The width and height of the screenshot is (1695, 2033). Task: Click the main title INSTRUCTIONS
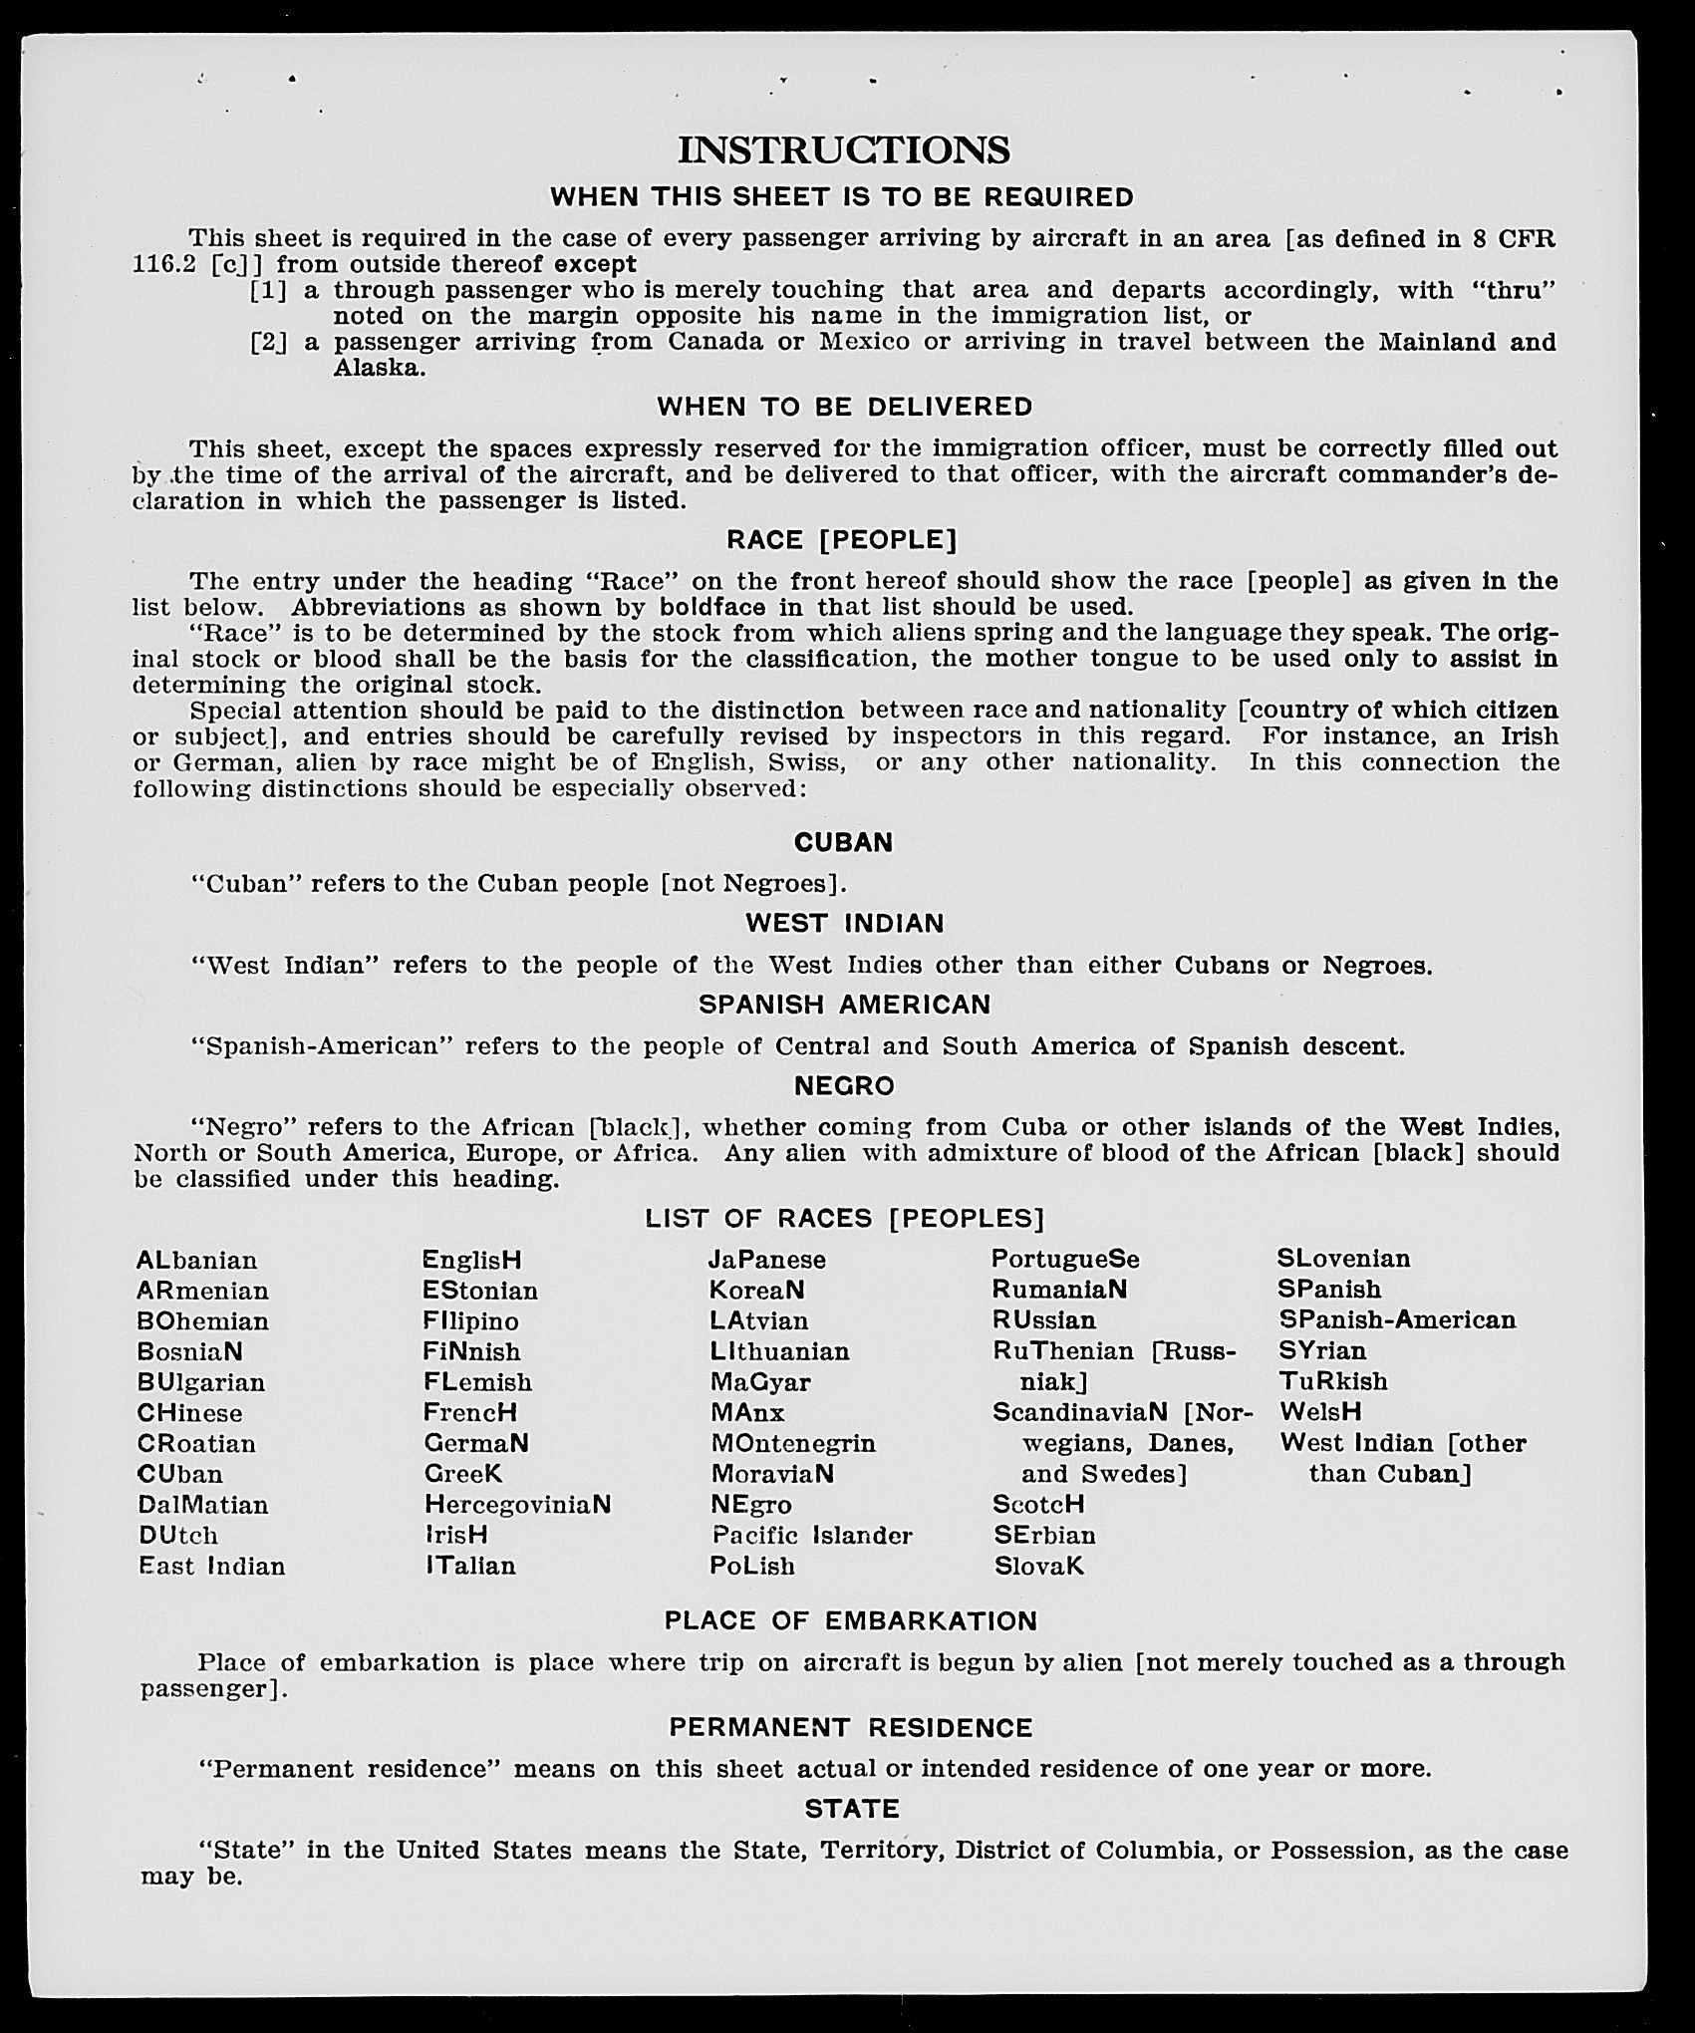coord(843,150)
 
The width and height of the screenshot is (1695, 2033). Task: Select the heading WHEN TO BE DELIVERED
coord(844,407)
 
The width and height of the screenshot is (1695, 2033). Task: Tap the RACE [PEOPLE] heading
coord(841,540)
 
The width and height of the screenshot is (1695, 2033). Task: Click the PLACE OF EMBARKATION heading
coord(851,1621)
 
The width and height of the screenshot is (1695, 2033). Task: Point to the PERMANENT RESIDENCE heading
coord(850,1727)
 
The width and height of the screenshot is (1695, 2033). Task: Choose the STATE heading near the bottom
coord(852,1809)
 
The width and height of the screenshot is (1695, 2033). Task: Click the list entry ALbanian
coord(197,1261)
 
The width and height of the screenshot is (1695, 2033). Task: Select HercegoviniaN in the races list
coord(517,1505)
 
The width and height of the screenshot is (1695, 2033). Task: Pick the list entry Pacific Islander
coord(811,1536)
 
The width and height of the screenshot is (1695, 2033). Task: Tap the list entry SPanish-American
coord(1396,1320)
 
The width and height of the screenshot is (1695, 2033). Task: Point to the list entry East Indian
coord(212,1567)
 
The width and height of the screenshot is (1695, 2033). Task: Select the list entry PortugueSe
coord(1065,1260)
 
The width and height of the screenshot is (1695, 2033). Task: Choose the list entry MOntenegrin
coord(793,1444)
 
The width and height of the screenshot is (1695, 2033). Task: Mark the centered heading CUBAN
coord(843,843)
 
